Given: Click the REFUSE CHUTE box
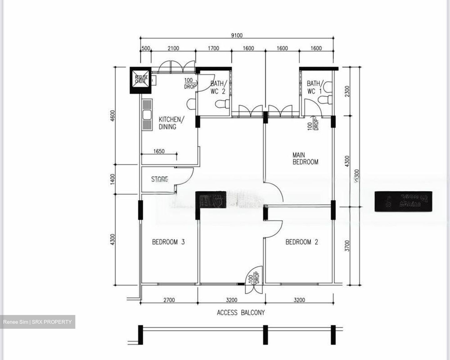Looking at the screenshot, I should pyautogui.click(x=140, y=80).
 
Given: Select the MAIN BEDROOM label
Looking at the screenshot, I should pyautogui.click(x=305, y=158).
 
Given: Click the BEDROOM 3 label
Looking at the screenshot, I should pyautogui.click(x=168, y=242).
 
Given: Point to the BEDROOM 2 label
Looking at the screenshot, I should pyautogui.click(x=302, y=242).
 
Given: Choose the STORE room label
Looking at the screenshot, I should pyautogui.click(x=160, y=179).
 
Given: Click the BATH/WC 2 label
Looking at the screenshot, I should pyautogui.click(x=217, y=87).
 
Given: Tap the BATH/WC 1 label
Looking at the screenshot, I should pyautogui.click(x=314, y=87).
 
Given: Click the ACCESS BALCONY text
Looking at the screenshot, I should pyautogui.click(x=241, y=312).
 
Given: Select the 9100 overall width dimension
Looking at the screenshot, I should pyautogui.click(x=237, y=35).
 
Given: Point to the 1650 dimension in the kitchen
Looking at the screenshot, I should pyautogui.click(x=159, y=151).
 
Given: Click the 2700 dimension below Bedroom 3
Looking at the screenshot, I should pyautogui.click(x=169, y=300).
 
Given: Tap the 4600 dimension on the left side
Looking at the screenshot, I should pyautogui.click(x=113, y=116).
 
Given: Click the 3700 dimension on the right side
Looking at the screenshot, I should pyautogui.click(x=347, y=246).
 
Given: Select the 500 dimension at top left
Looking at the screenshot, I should pyautogui.click(x=146, y=48).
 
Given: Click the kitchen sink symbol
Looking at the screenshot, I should pyautogui.click(x=147, y=115).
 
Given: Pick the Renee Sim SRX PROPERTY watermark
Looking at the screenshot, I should pyautogui.click(x=37, y=322).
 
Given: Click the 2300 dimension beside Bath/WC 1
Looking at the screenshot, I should pyautogui.click(x=347, y=91).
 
